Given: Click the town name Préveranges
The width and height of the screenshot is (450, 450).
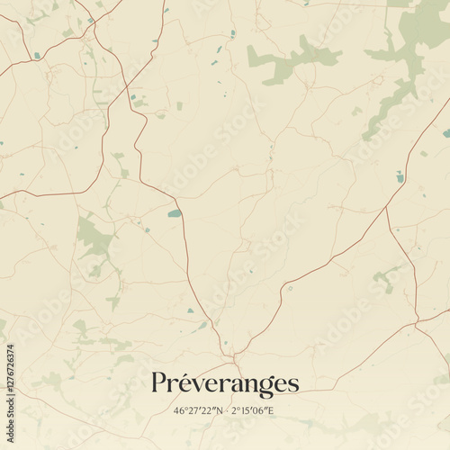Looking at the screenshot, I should point(225,383).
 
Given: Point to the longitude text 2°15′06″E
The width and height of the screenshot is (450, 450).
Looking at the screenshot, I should point(254,411).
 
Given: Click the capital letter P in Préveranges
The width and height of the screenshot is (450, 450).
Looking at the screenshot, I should point(159,382).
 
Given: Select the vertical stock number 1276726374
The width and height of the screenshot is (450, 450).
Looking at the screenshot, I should point(11,391).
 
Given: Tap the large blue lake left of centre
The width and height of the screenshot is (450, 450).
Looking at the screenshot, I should point(174,213).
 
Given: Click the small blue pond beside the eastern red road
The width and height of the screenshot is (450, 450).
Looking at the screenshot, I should point(400,177).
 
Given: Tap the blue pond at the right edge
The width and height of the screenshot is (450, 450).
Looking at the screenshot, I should point(445,133).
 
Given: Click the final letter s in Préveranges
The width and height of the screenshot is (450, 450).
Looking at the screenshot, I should point(292,384).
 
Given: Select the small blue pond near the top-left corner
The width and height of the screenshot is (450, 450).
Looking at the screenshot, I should point(37,56).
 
